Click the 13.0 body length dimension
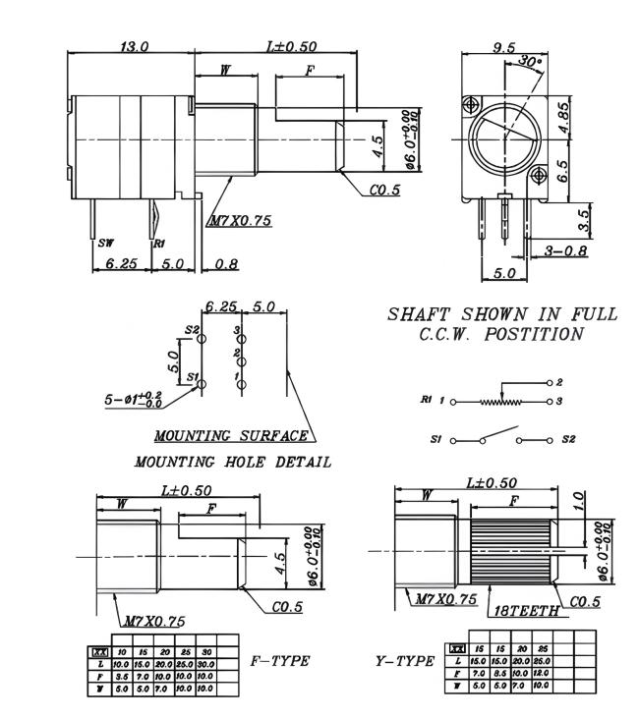point(133,46)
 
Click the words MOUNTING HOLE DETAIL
point(232,461)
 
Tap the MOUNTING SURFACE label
point(232,434)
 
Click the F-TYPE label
point(281,661)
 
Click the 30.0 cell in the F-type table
point(205,664)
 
